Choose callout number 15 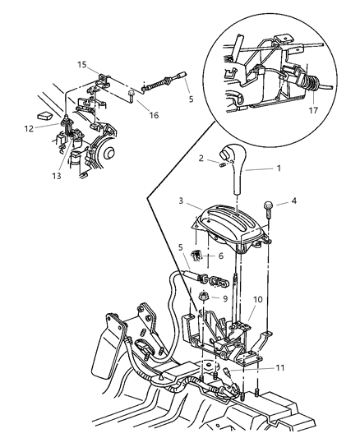click(81, 63)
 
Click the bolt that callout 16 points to click(131, 95)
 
